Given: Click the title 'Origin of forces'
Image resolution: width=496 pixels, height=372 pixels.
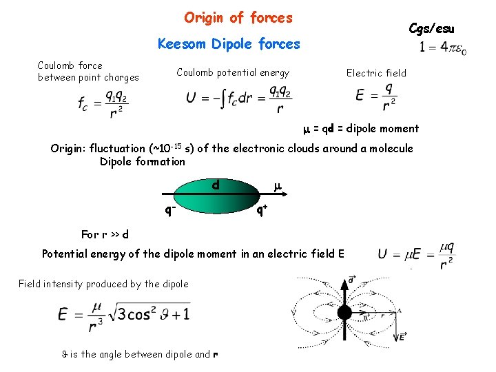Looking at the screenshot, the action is click(x=238, y=18).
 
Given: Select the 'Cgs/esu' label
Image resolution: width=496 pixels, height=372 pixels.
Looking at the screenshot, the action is click(x=431, y=28).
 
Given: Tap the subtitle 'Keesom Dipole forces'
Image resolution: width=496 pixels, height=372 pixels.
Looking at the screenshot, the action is click(x=229, y=45).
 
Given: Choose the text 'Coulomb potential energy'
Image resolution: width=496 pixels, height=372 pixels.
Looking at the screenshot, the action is click(x=233, y=72).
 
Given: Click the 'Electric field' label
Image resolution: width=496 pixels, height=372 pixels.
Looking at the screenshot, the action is click(x=376, y=73).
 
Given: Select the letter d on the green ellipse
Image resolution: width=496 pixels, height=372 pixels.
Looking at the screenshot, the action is click(x=216, y=185).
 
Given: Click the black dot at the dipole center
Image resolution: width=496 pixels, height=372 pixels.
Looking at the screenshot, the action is click(x=344, y=312).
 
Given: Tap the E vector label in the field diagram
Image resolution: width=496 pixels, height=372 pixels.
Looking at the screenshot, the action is click(x=402, y=337).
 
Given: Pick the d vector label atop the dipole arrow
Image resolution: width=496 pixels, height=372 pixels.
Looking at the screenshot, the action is click(x=352, y=279).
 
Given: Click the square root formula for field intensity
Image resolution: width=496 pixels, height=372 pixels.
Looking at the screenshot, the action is click(x=124, y=315).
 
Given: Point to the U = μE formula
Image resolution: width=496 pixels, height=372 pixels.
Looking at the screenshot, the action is click(x=417, y=254).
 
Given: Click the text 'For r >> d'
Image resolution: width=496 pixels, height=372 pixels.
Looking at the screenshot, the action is click(x=105, y=234).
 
